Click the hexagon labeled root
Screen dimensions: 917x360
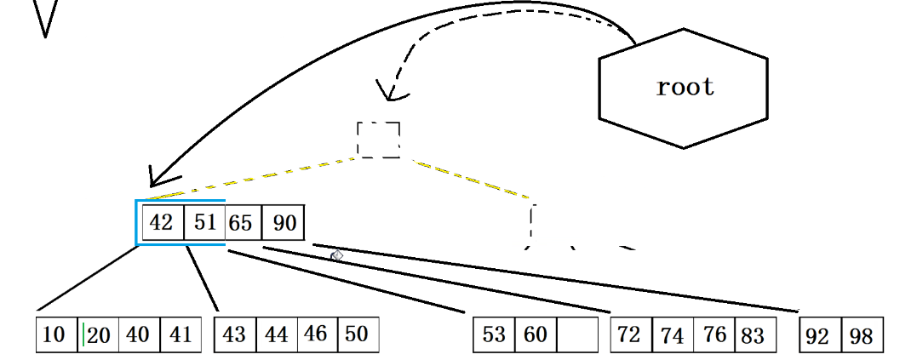coord(684,87)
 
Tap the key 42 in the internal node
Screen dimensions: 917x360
coord(162,223)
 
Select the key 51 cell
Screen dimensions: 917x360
coord(205,223)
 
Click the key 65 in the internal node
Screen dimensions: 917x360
coord(242,223)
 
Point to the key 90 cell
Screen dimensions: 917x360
coord(284,223)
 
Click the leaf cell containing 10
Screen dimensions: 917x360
coord(55,334)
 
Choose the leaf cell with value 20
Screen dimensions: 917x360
coord(99,334)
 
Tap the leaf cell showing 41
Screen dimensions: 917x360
coord(180,334)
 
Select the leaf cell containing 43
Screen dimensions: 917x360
coord(234,334)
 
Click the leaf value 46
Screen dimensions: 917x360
coord(316,334)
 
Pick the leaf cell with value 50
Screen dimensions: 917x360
coord(357,334)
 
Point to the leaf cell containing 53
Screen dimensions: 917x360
coord(494,334)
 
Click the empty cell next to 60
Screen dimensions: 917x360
coord(577,334)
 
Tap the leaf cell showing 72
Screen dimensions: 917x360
coord(630,334)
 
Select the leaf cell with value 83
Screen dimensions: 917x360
coord(754,334)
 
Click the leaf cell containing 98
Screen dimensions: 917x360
coord(862,335)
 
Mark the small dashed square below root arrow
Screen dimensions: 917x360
coord(378,140)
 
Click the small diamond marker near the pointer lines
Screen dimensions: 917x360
coord(336,255)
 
